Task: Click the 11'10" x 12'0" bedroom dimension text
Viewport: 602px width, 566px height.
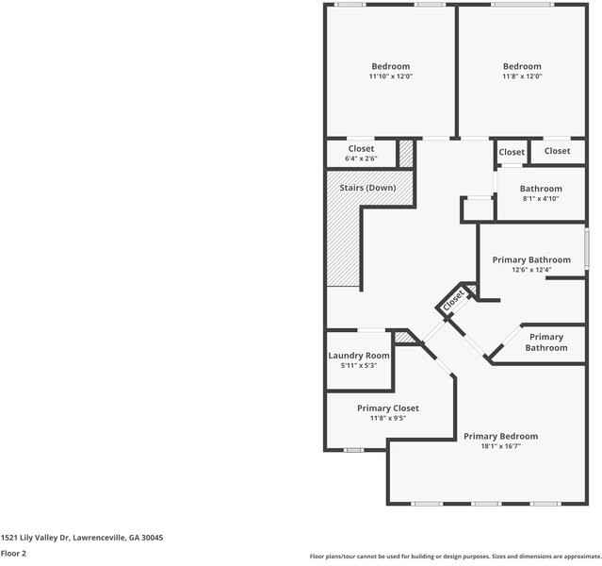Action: (x=390, y=76)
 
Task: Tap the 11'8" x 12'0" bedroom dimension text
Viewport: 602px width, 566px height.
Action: (x=521, y=76)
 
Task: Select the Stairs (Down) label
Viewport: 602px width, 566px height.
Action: (x=367, y=188)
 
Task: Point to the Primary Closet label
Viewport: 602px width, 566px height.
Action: (x=387, y=408)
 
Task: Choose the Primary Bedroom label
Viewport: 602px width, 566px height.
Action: (x=500, y=436)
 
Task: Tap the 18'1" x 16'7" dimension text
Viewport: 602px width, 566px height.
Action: (x=500, y=446)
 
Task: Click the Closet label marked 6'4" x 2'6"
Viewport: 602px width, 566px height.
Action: (x=361, y=158)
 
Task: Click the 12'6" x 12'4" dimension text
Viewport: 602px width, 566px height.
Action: (x=531, y=270)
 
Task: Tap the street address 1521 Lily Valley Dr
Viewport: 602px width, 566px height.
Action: (x=82, y=537)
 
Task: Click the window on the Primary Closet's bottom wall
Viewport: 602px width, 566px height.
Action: (x=353, y=450)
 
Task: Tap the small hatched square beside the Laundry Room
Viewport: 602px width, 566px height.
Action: (x=402, y=337)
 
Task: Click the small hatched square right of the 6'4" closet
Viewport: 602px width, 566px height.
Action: (x=406, y=153)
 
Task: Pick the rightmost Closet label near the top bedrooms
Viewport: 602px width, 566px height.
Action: (x=557, y=151)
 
